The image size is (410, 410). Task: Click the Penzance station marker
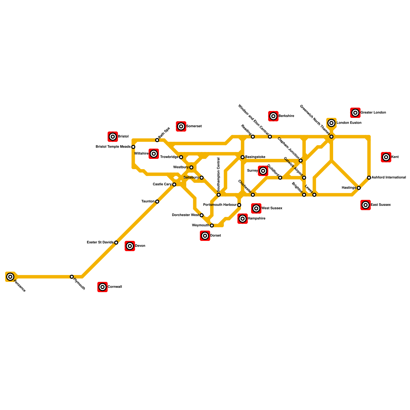tap(10, 276)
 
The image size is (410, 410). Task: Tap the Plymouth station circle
tap(72, 277)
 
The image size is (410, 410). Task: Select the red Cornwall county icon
tap(102, 287)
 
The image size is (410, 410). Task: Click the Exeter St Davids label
tap(100, 242)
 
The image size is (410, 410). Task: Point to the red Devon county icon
tap(130, 246)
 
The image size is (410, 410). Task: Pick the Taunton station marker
tap(157, 202)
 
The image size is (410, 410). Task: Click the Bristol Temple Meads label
tap(113, 147)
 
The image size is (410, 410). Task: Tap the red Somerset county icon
tap(181, 126)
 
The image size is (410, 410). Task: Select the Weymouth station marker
tap(212, 225)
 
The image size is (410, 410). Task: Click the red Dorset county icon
tap(205, 236)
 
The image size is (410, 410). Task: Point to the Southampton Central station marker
tap(219, 195)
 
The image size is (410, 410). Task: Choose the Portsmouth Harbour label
tap(220, 205)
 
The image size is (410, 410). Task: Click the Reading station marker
tap(253, 137)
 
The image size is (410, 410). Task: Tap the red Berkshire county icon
tap(273, 116)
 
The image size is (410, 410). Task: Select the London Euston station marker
tap(331, 123)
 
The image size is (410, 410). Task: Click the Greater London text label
tap(373, 112)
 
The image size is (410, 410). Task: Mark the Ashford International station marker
tap(369, 178)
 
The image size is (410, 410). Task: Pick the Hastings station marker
tap(359, 188)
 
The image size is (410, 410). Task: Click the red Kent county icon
tap(386, 157)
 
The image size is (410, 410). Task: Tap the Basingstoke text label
tap(255, 157)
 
